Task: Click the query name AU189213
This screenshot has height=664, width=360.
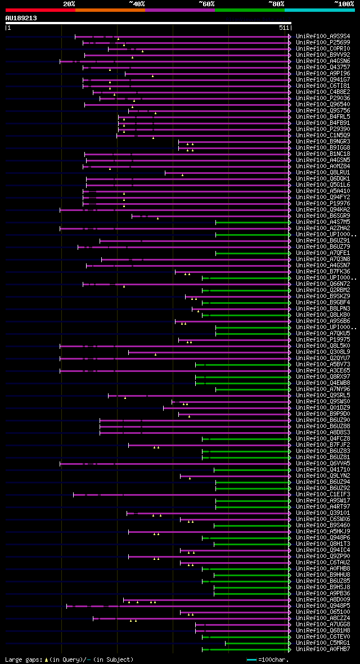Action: click(21, 18)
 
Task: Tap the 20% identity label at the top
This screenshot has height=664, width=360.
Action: click(69, 4)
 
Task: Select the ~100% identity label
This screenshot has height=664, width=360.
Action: click(343, 4)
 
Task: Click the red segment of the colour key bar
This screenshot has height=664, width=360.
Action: click(40, 10)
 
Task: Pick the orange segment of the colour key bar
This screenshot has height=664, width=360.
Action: click(110, 10)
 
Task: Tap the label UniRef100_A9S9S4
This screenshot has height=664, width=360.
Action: click(324, 37)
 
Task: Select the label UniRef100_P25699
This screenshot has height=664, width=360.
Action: click(324, 43)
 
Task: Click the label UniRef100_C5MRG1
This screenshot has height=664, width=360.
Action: click(324, 643)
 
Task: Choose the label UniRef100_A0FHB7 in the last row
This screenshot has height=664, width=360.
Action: click(324, 649)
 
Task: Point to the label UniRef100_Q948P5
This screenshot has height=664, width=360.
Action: click(324, 606)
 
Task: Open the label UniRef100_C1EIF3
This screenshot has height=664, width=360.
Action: click(324, 495)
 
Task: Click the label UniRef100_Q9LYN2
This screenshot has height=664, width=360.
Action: click(324, 476)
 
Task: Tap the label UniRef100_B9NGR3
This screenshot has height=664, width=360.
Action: click(324, 142)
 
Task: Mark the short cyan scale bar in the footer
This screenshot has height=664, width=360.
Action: click(251, 659)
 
